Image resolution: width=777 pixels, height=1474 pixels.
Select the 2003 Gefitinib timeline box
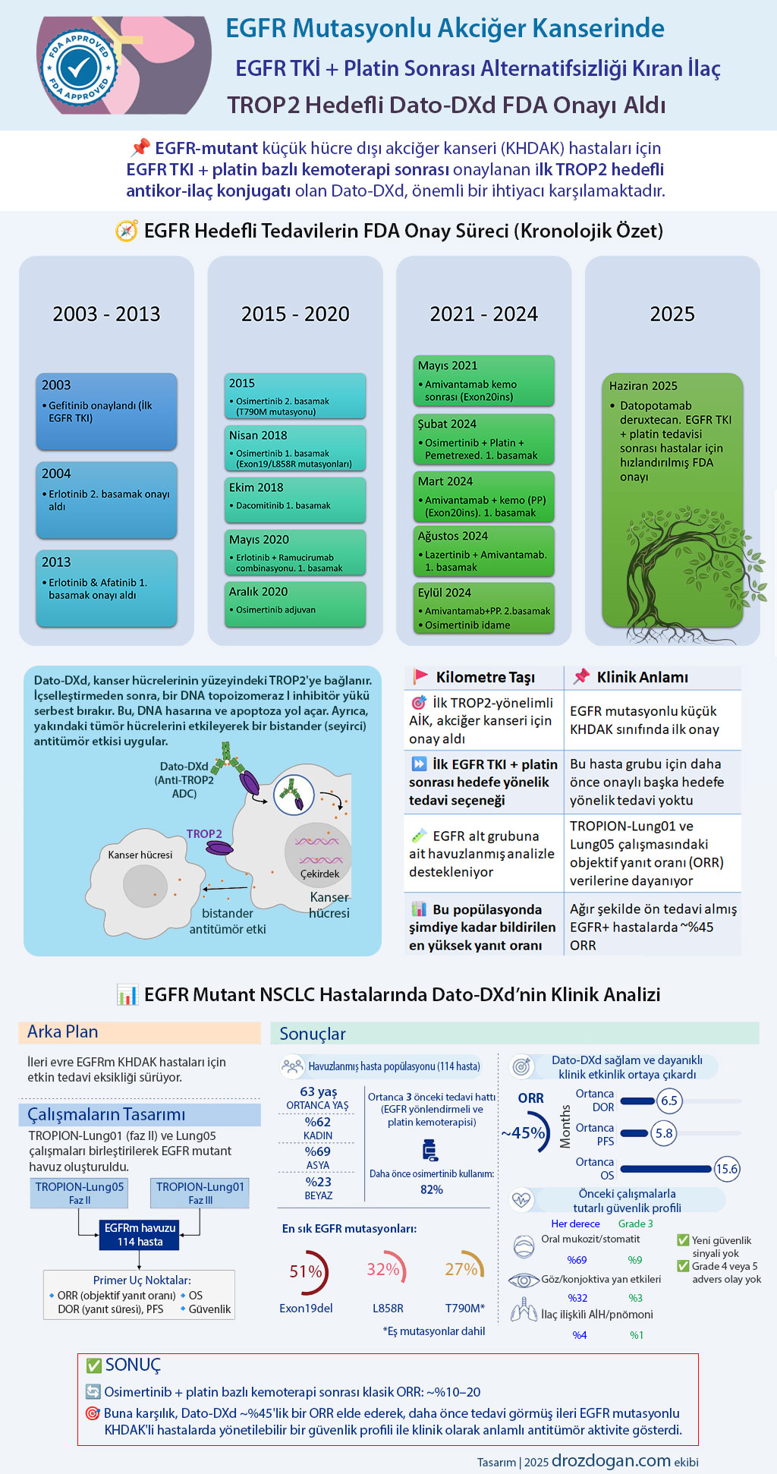[x=106, y=411]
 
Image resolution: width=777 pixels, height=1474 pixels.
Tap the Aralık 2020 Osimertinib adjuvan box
[x=295, y=604]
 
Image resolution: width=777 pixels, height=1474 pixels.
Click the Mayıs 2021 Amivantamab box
[x=484, y=380]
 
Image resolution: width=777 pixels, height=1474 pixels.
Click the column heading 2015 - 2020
[x=295, y=314]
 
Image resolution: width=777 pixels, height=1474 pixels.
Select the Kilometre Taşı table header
[x=486, y=677]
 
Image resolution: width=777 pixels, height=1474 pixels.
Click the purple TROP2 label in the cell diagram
[x=204, y=833]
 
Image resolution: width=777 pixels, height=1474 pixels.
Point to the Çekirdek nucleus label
[x=319, y=874]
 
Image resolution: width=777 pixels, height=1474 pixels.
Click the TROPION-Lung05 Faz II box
[x=80, y=1192]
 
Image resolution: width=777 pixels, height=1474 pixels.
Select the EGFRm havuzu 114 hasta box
[x=140, y=1234]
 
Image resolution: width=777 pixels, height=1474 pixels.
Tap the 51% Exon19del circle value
[x=306, y=1271]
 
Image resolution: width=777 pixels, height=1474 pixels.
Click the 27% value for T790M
[x=461, y=1269]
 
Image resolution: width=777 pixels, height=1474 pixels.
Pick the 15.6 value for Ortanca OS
[x=727, y=1169]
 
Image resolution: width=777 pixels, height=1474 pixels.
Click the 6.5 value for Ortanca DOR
[x=669, y=1101]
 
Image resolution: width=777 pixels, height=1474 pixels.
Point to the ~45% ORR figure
[x=524, y=1133]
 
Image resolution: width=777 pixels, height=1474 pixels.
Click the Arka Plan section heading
[x=63, y=1031]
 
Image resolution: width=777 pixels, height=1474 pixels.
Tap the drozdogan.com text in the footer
[x=611, y=1460]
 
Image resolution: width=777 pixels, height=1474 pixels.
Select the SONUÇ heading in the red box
[x=133, y=1365]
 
